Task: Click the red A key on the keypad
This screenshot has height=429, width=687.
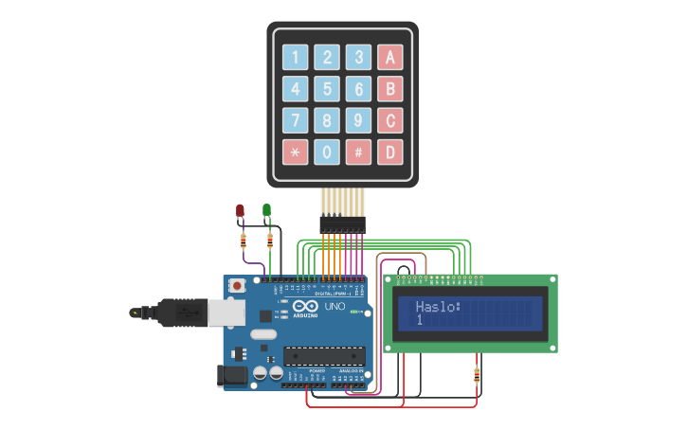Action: point(389,58)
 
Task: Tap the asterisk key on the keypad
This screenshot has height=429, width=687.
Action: point(295,152)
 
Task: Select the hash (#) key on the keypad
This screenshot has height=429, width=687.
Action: point(358,152)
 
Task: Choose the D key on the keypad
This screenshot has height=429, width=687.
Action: point(389,152)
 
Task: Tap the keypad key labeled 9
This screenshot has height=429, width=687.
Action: point(358,121)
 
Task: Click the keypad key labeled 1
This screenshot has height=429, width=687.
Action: point(295,58)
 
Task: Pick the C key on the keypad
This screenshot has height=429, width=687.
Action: point(389,121)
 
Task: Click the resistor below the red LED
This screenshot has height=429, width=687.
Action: point(244,241)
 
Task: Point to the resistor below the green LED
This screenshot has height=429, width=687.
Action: point(272,241)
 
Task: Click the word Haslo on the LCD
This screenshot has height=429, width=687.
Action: point(437,307)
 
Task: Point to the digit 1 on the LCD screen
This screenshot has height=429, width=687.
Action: point(419,321)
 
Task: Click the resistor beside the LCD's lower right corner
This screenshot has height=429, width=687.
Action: point(476,376)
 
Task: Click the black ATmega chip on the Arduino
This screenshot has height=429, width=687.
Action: point(324,356)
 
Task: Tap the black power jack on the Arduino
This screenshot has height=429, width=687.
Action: point(233,376)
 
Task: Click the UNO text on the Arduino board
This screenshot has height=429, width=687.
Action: point(335,307)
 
